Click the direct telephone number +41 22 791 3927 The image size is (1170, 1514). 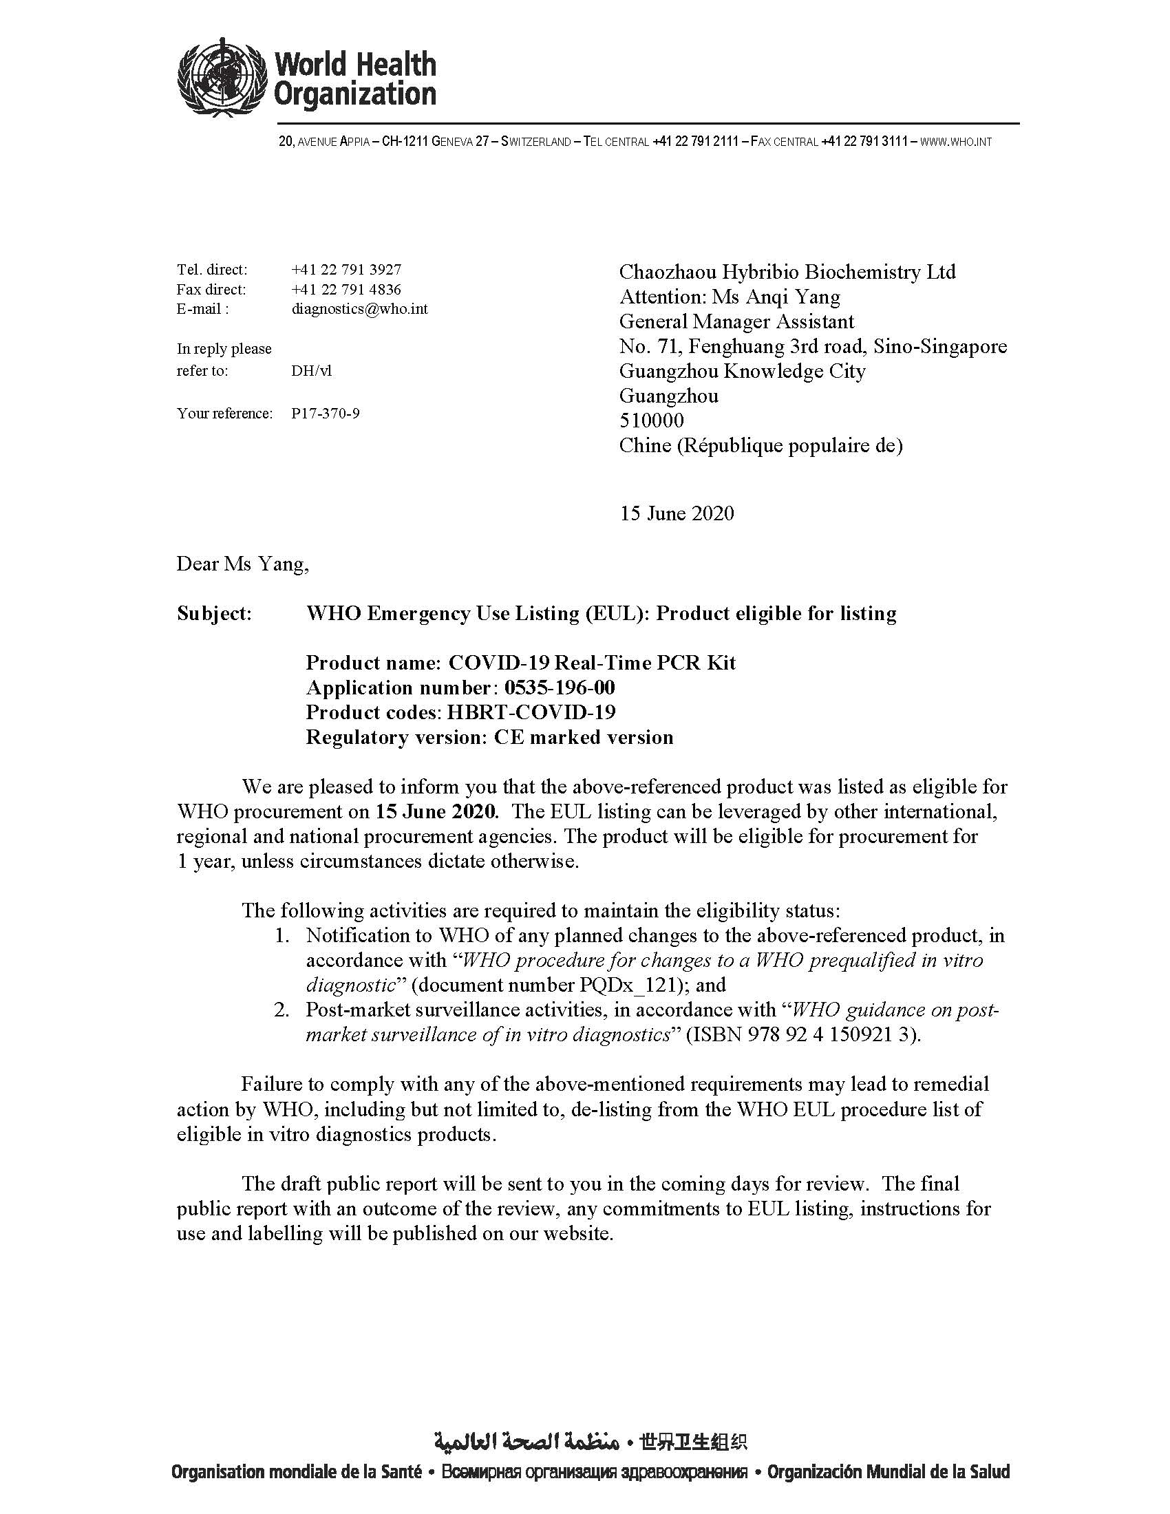[346, 269]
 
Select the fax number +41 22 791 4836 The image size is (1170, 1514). [346, 289]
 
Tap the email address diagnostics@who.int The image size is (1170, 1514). [359, 309]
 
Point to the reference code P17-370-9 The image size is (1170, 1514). [325, 414]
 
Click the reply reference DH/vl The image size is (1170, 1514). [311, 371]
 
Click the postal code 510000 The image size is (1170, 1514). [651, 420]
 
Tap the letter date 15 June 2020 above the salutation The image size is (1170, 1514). [677, 513]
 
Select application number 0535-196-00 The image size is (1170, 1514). [560, 687]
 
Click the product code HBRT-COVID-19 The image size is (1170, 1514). [531, 713]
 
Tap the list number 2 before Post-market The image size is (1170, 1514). [281, 1010]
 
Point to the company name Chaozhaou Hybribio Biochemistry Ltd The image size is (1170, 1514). [787, 272]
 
